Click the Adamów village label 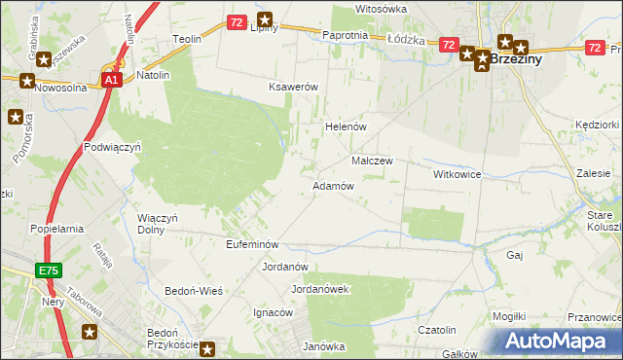coord(332,186)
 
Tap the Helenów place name coord(344,127)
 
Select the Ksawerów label coord(294,87)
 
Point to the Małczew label coord(371,161)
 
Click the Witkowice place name coord(458,173)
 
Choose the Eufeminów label coord(252,244)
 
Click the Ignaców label coord(274,312)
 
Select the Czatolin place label coord(437,331)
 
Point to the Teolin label coord(186,39)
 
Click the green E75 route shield coord(51,270)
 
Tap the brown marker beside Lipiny coord(265,18)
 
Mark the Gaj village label coord(515,254)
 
